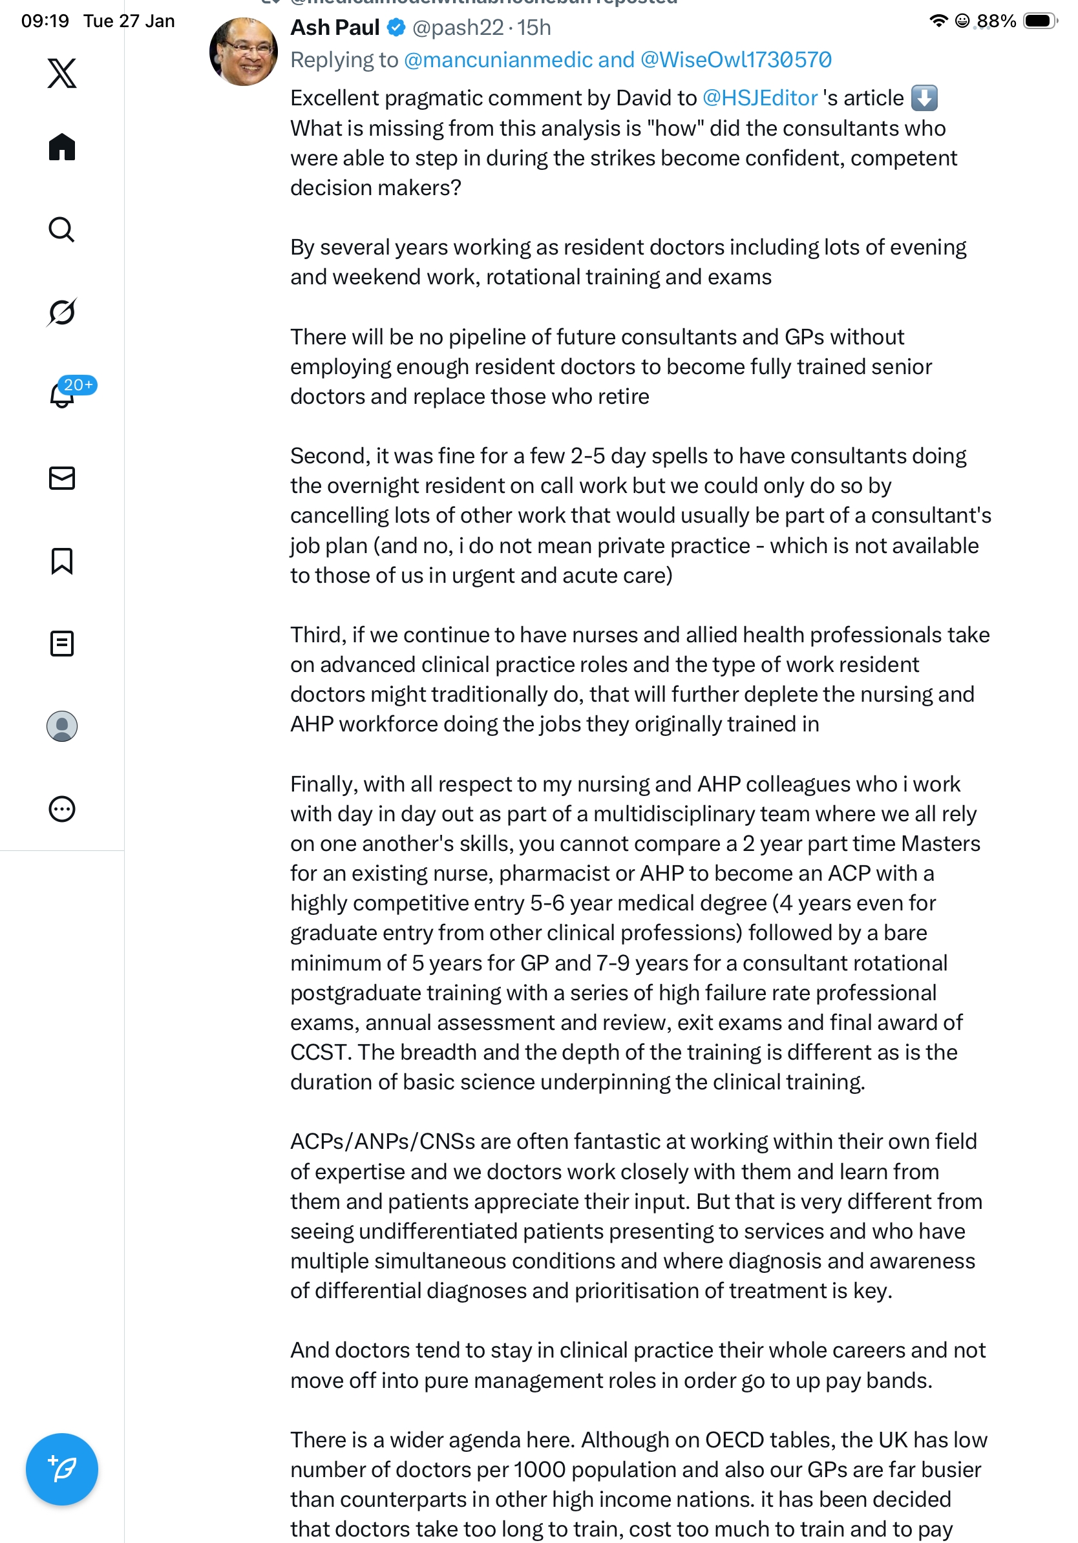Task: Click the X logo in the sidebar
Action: [x=62, y=73]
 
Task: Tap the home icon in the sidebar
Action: [x=62, y=147]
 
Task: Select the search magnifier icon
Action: [x=62, y=229]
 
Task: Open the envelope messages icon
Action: [x=62, y=478]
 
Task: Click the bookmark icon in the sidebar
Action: [x=62, y=560]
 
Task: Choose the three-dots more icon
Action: [x=62, y=808]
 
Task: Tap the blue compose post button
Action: [x=62, y=1469]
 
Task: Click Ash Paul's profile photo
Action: [x=243, y=52]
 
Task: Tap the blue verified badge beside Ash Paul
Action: [x=397, y=28]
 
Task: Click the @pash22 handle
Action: [x=458, y=28]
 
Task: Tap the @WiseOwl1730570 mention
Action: [x=736, y=60]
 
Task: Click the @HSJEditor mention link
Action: [x=759, y=98]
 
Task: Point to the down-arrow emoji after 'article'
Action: [x=924, y=98]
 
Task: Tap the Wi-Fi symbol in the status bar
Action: [x=938, y=21]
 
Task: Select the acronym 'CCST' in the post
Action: [x=319, y=1052]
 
